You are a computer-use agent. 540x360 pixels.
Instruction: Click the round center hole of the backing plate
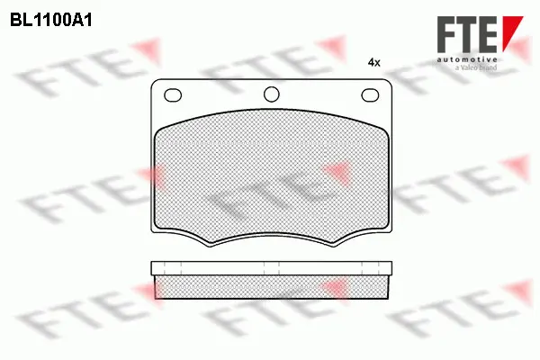click(270, 94)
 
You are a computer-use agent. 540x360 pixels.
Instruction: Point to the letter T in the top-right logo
click(471, 36)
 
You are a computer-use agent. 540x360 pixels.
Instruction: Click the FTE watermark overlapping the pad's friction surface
click(270, 189)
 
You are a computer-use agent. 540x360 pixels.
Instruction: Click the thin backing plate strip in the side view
click(270, 268)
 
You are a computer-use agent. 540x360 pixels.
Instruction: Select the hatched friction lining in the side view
click(270, 286)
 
